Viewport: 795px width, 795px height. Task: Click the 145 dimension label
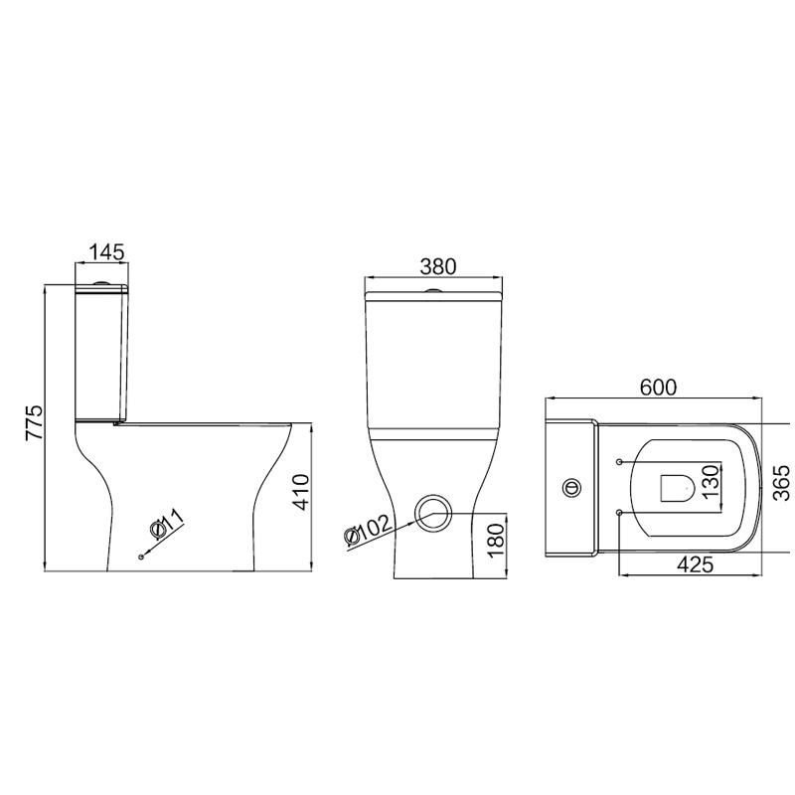point(106,252)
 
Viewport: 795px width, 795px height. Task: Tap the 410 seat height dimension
point(301,492)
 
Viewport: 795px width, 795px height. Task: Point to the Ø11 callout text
point(167,524)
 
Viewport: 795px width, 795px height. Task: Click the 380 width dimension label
point(438,266)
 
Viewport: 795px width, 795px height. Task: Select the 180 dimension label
point(497,540)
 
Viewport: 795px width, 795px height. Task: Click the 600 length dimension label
point(658,388)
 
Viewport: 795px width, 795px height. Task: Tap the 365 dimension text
point(781,482)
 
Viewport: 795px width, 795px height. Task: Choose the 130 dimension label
point(712,481)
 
